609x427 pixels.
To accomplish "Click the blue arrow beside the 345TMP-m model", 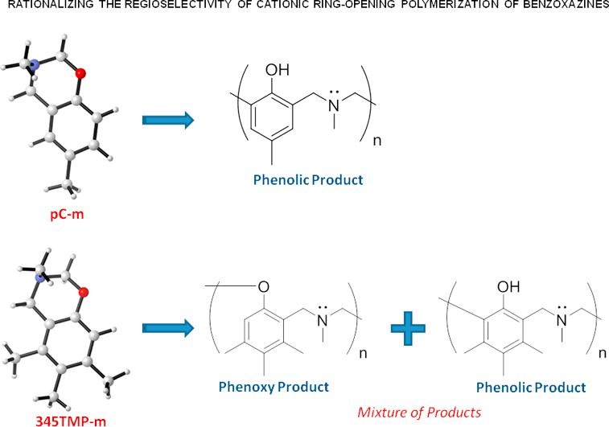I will tap(167, 327).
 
